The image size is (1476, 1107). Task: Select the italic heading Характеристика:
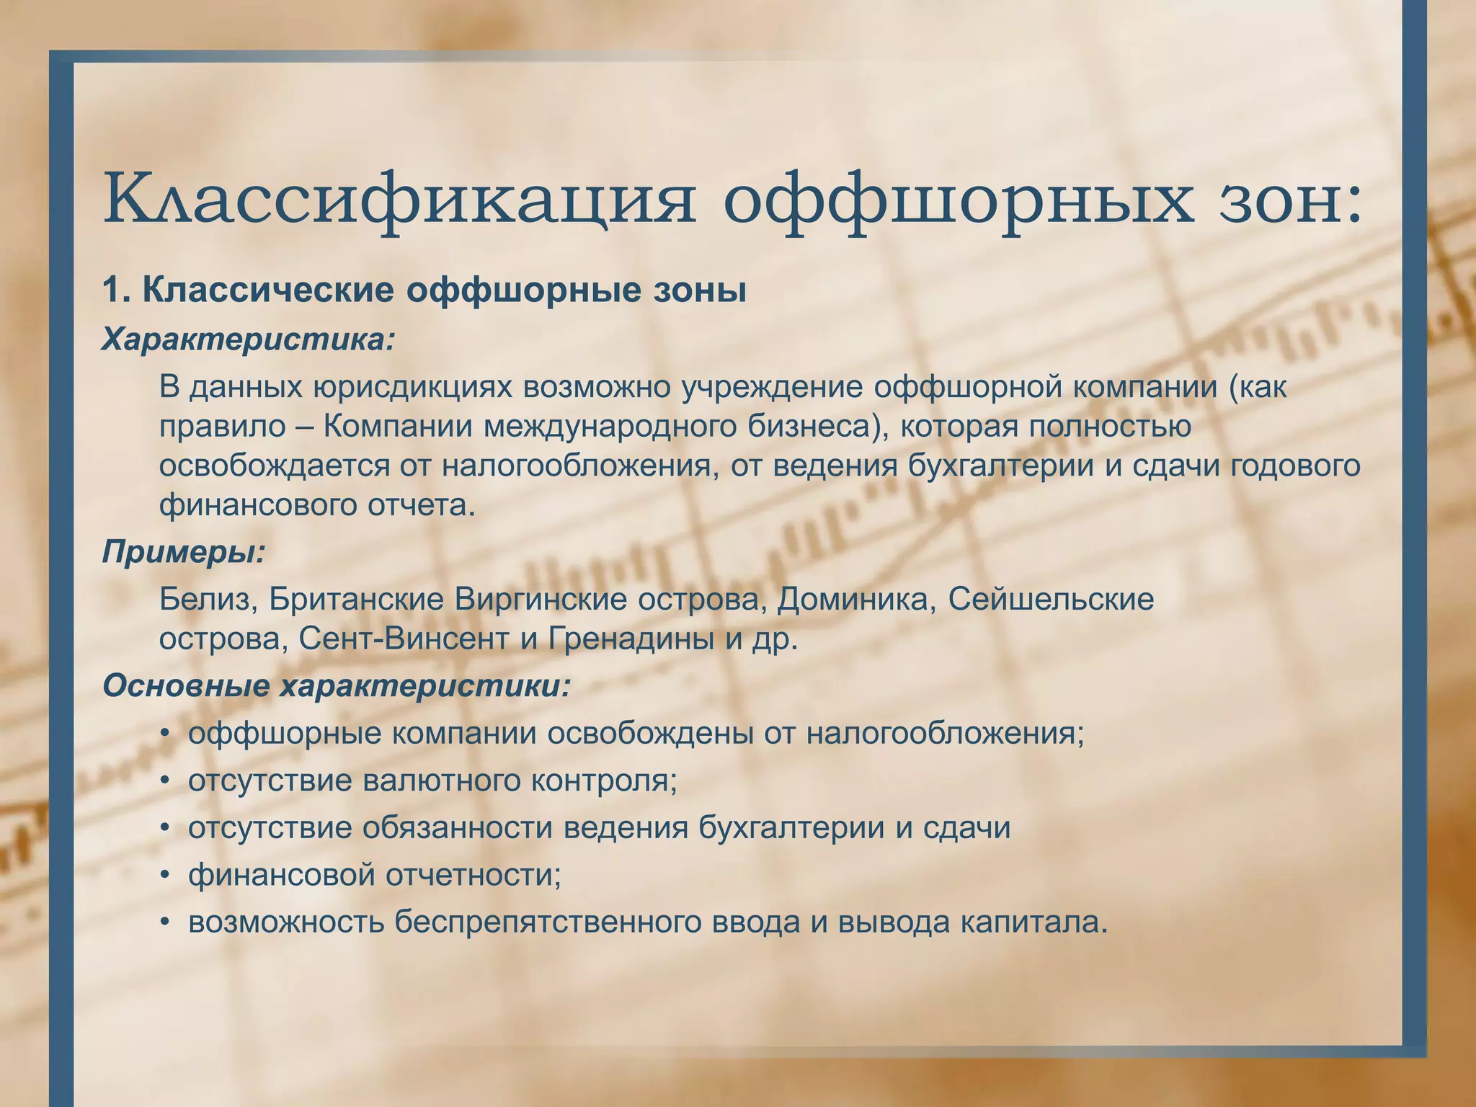coord(249,339)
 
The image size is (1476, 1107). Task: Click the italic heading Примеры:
coord(184,551)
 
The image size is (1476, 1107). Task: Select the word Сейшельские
coord(1051,600)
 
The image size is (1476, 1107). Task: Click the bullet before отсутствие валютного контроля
coord(165,781)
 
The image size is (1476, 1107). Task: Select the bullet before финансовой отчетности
coord(165,876)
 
